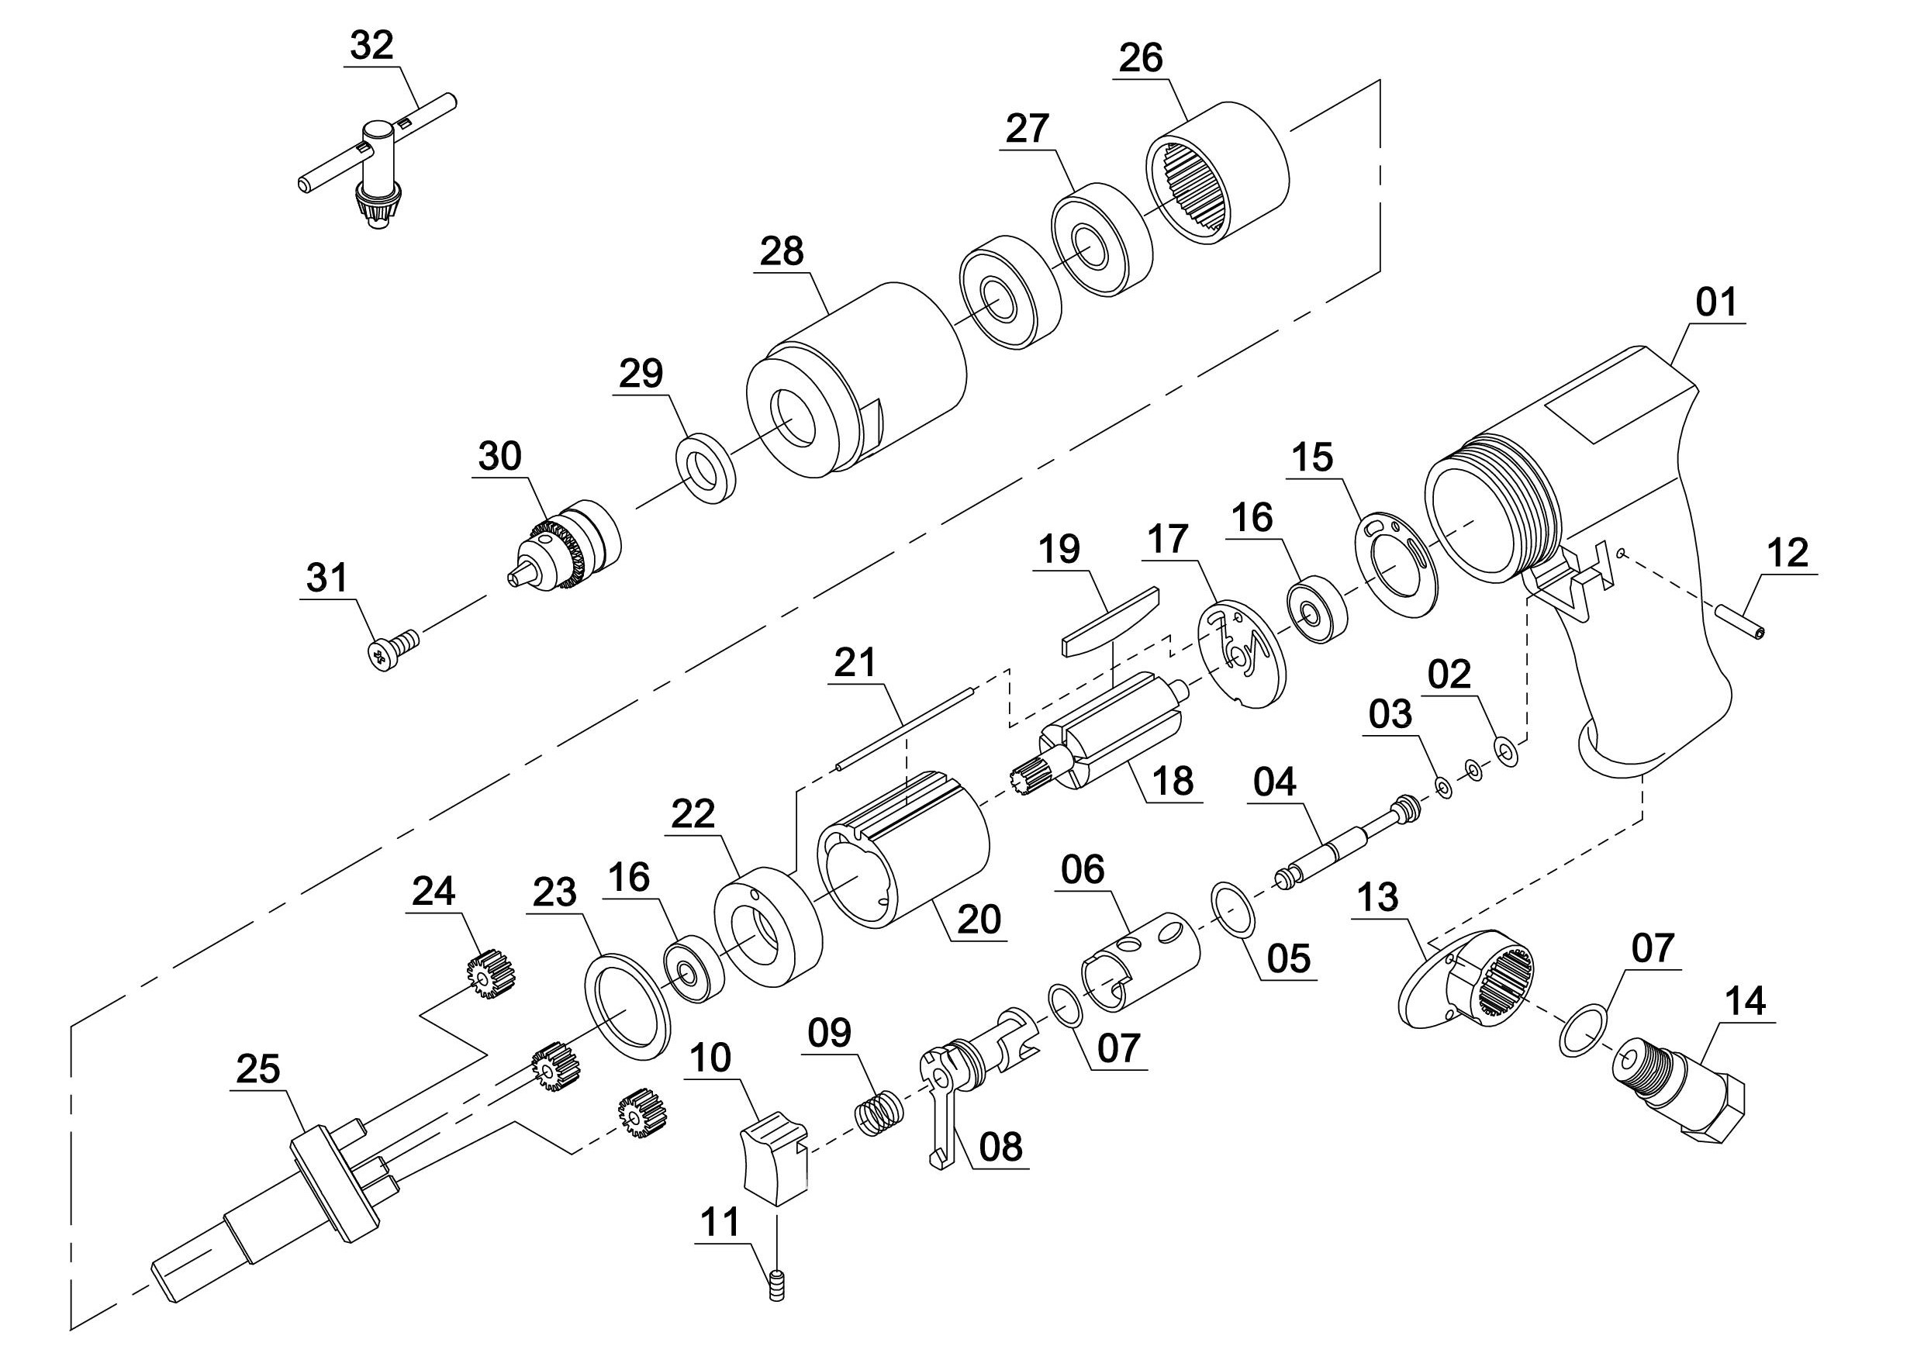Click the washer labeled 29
(x=706, y=468)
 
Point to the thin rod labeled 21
(x=904, y=728)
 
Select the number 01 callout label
(x=1715, y=302)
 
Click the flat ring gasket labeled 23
(x=627, y=1006)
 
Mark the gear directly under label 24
(x=489, y=973)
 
